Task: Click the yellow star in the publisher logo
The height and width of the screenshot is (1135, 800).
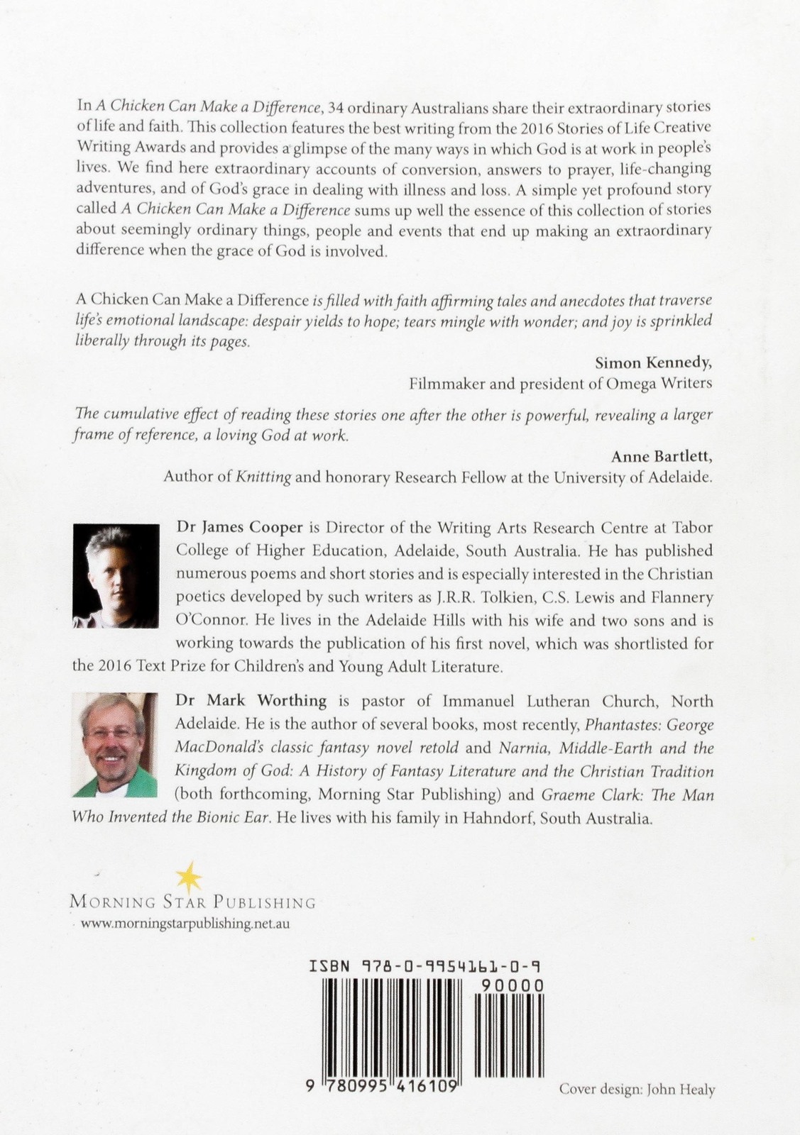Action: pos(189,878)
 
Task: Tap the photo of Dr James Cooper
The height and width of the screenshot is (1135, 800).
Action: pos(116,575)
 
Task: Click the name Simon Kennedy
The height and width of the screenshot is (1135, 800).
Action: pos(653,362)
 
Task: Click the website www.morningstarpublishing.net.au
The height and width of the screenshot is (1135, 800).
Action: pos(185,924)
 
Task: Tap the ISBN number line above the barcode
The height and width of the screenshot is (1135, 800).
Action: pos(427,966)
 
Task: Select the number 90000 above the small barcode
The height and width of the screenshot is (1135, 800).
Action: pos(512,985)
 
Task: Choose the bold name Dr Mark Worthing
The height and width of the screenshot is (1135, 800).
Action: pos(251,701)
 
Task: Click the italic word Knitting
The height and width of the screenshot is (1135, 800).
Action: pos(263,477)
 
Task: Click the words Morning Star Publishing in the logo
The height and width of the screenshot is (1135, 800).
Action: pos(192,903)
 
